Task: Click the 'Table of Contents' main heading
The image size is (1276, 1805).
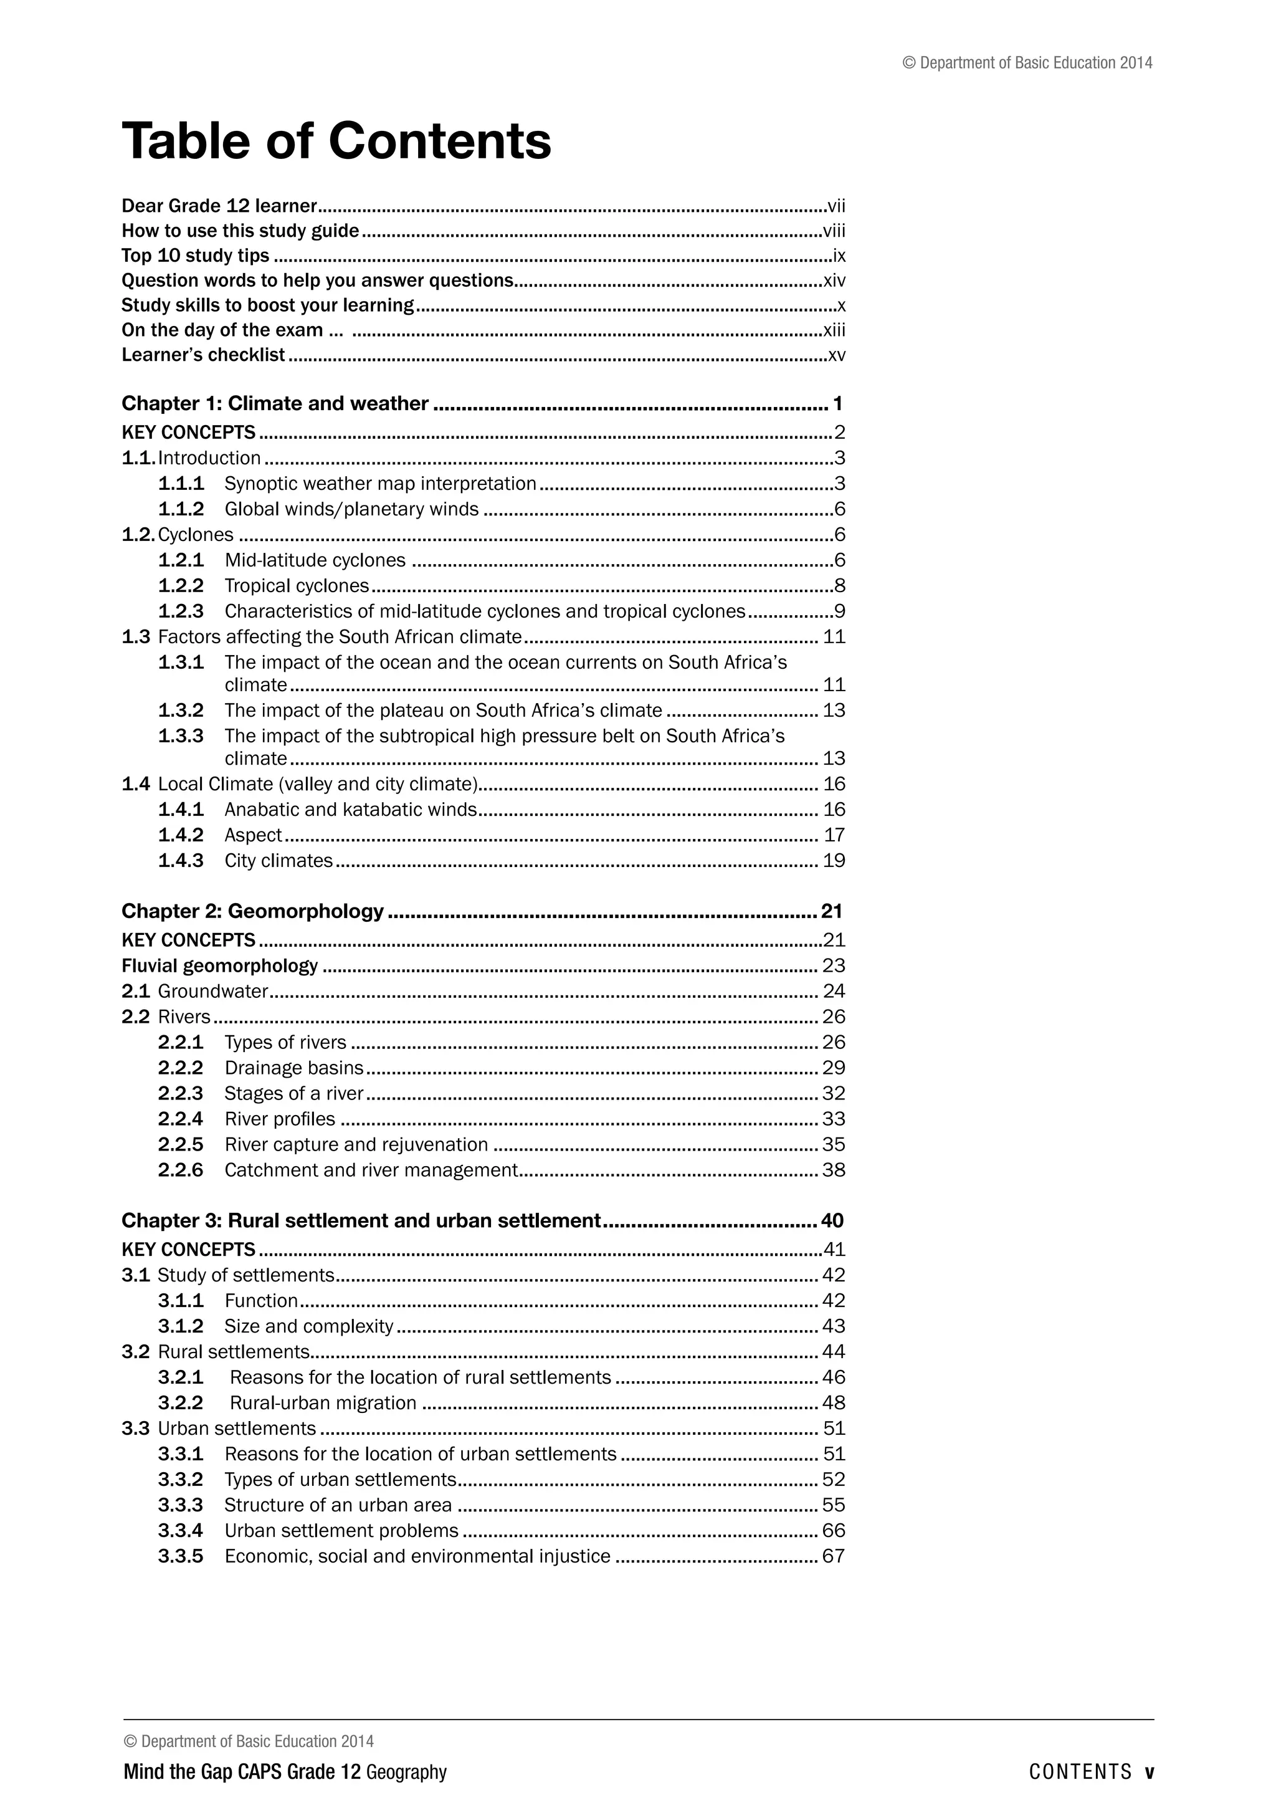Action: [x=336, y=141]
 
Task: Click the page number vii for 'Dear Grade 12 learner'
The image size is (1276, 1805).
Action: [x=836, y=207]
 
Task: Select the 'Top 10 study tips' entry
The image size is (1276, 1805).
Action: [x=195, y=256]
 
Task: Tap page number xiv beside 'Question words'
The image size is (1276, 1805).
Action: [x=834, y=280]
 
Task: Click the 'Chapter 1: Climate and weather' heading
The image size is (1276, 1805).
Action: [x=275, y=403]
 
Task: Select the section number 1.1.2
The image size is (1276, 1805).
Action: [x=181, y=509]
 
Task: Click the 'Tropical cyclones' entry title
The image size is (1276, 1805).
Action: [x=296, y=586]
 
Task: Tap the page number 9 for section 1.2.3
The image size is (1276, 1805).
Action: [x=839, y=611]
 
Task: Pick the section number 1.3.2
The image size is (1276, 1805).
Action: [x=181, y=711]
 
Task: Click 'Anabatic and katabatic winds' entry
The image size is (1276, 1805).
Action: [x=350, y=810]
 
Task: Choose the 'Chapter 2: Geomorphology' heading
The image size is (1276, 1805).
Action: [x=252, y=911]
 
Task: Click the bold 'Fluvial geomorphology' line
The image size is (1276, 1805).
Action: [x=219, y=965]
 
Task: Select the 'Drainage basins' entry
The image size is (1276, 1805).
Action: [x=294, y=1068]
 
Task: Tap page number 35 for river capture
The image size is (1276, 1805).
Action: [x=833, y=1144]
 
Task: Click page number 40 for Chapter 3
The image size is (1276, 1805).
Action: [x=831, y=1221]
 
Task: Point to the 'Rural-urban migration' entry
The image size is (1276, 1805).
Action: [x=323, y=1403]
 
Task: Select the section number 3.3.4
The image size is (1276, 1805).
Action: [x=180, y=1531]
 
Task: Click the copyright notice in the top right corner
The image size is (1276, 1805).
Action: [x=1027, y=63]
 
